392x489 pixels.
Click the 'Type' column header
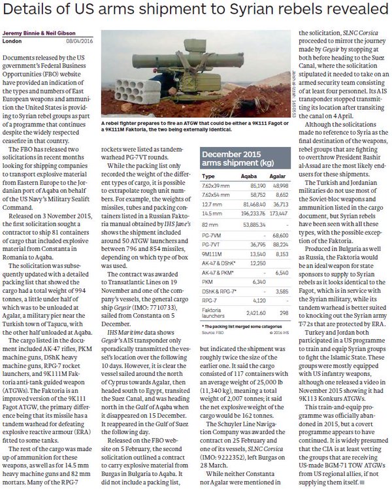pyautogui.click(x=209, y=176)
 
